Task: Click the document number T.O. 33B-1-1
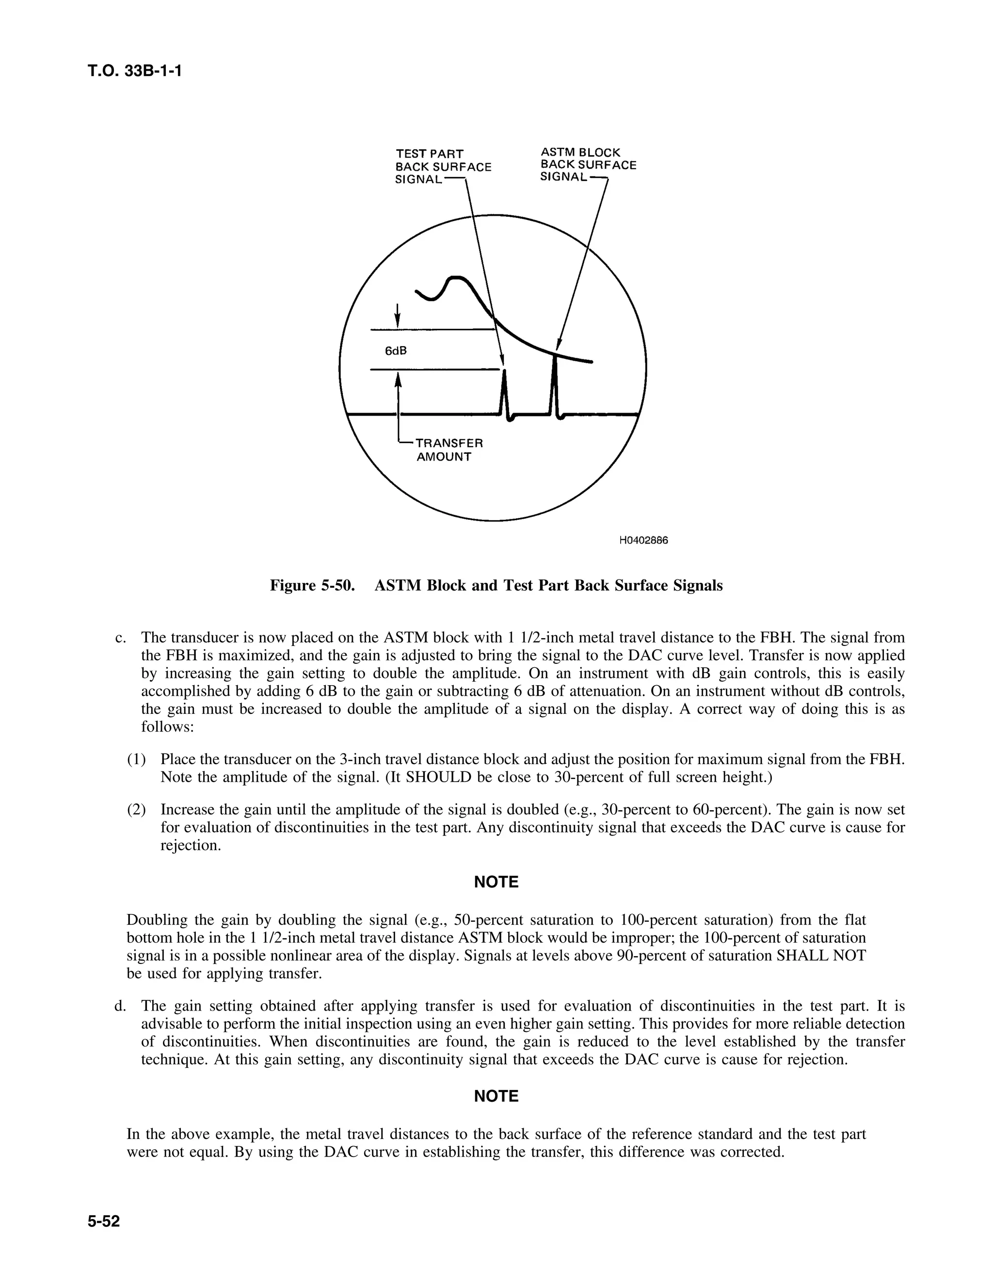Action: click(134, 71)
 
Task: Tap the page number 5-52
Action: click(104, 1221)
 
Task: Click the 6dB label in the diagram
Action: click(395, 351)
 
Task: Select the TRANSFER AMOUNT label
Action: click(449, 450)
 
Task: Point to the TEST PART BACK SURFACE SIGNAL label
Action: click(442, 166)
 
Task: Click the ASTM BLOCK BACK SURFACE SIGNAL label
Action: click(587, 165)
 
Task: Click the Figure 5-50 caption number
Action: click(312, 585)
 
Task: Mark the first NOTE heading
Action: click(496, 882)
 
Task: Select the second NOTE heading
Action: click(496, 1096)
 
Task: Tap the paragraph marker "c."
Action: click(121, 638)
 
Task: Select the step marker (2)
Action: click(136, 810)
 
